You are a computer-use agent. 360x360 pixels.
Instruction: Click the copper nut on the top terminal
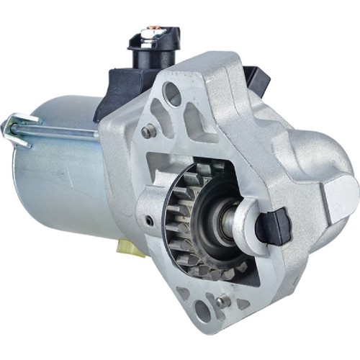point(153,32)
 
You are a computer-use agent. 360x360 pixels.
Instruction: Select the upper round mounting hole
point(173,93)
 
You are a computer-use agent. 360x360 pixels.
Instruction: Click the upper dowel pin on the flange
point(149,132)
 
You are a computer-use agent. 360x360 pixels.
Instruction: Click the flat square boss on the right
point(338,191)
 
